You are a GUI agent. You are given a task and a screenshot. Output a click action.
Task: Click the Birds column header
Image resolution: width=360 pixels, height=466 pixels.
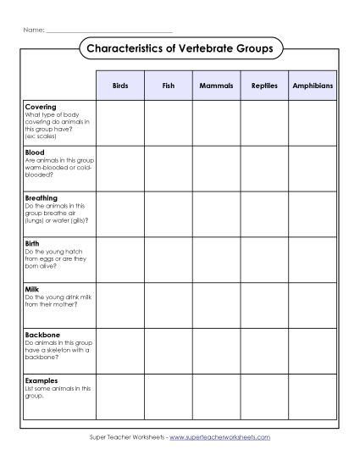(120, 86)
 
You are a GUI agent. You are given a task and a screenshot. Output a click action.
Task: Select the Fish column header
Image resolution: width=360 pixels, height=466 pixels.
(168, 86)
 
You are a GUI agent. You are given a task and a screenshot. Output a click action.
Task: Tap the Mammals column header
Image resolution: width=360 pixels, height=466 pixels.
(216, 86)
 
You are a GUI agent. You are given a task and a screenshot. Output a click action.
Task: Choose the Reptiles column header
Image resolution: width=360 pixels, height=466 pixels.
(264, 86)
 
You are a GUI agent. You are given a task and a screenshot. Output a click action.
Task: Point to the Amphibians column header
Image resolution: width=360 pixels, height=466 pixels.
(313, 86)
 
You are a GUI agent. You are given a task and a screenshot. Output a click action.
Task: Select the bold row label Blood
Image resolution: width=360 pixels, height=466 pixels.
(35, 153)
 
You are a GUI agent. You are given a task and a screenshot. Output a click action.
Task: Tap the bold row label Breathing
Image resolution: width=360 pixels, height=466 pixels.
(42, 198)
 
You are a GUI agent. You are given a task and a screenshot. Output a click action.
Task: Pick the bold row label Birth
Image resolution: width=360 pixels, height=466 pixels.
(33, 244)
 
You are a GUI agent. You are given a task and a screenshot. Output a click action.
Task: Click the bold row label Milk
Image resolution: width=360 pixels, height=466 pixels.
(32, 290)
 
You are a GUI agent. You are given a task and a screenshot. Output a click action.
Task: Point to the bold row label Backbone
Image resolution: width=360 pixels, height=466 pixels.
(42, 335)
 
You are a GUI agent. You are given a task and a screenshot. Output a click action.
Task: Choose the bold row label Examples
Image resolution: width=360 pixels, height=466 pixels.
(42, 380)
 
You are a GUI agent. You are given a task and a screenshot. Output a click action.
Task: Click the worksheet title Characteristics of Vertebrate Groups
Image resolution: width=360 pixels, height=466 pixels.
(180, 49)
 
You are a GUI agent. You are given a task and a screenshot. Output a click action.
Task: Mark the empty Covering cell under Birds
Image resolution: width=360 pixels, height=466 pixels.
(120, 124)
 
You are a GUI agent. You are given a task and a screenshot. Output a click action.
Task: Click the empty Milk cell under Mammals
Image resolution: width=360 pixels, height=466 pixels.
(216, 306)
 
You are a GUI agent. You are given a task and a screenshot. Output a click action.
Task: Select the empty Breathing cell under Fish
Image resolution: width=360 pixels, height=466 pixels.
(168, 214)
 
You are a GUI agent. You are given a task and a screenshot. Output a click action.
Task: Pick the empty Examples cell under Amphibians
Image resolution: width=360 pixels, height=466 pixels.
(313, 397)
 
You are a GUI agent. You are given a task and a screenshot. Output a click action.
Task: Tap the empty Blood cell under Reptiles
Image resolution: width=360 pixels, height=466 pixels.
(264, 169)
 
